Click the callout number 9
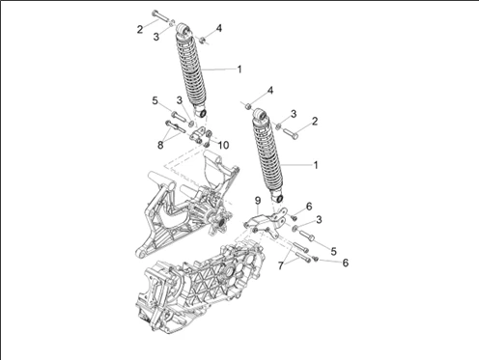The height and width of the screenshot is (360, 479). click(x=258, y=201)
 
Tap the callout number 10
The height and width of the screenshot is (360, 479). click(x=223, y=145)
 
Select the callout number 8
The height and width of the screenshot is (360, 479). click(x=160, y=145)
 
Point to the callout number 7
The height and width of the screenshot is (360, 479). click(x=281, y=265)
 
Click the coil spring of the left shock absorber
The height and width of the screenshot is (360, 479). click(x=191, y=69)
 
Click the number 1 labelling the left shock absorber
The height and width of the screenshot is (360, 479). click(x=239, y=69)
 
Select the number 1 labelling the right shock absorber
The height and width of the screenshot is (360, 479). click(x=316, y=165)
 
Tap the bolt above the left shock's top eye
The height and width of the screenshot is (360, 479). click(x=159, y=15)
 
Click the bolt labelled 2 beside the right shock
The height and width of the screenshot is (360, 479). click(x=291, y=133)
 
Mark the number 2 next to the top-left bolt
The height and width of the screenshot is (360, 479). click(x=140, y=30)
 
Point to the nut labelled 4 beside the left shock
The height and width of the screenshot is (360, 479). click(x=203, y=40)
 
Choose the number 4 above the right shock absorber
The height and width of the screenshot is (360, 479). click(x=270, y=91)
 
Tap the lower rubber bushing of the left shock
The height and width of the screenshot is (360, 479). click(x=203, y=114)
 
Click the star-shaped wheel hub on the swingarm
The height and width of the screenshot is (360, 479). click(x=221, y=223)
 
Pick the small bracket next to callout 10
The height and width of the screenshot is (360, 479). click(x=196, y=135)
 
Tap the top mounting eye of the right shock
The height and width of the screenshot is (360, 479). click(x=260, y=114)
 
